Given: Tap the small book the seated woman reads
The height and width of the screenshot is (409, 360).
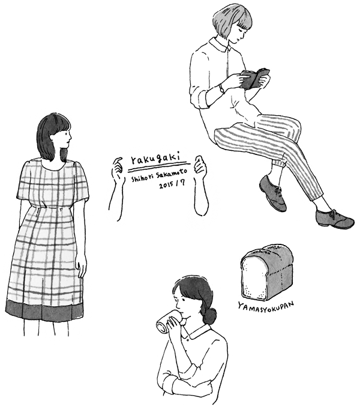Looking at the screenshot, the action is [x=254, y=79].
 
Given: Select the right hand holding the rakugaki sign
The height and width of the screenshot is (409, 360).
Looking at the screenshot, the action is [x=200, y=165].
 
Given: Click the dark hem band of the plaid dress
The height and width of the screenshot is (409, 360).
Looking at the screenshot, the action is [x=44, y=310].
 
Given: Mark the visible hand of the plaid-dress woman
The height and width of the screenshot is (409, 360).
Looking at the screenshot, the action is [x=82, y=268].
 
